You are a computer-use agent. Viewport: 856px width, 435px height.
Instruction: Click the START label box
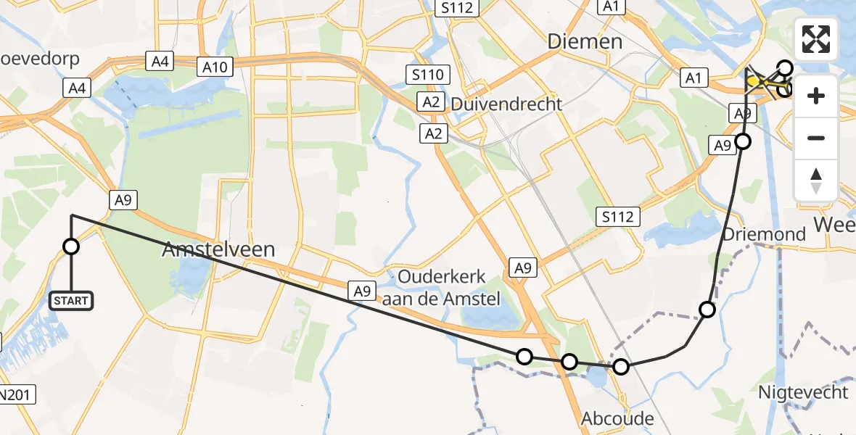[x=71, y=301]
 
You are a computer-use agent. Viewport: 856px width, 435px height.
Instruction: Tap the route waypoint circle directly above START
[x=71, y=246]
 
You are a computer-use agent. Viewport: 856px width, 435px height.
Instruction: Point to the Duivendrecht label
[x=506, y=104]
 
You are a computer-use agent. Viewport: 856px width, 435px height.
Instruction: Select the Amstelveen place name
[x=218, y=250]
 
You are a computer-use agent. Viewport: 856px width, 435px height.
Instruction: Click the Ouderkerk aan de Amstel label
[x=442, y=286]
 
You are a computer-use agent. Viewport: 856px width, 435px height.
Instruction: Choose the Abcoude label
[x=617, y=418]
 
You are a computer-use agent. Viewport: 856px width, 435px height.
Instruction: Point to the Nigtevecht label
[x=803, y=392]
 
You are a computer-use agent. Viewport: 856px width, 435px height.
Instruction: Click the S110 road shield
[x=427, y=75]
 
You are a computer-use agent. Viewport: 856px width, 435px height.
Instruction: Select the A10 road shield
[x=215, y=68]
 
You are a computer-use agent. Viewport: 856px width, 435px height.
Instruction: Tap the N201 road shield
[x=16, y=395]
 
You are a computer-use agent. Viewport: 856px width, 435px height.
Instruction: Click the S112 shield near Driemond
[x=618, y=216]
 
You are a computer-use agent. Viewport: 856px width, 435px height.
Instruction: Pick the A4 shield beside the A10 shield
[x=160, y=62]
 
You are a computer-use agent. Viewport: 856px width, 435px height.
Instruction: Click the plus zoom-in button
[x=816, y=96]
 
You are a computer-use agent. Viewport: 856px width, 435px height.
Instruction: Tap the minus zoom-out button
[x=816, y=138]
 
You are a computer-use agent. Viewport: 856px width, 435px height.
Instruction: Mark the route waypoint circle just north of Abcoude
[x=621, y=367]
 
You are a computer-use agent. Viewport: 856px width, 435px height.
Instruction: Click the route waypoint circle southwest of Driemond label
[x=707, y=310]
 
